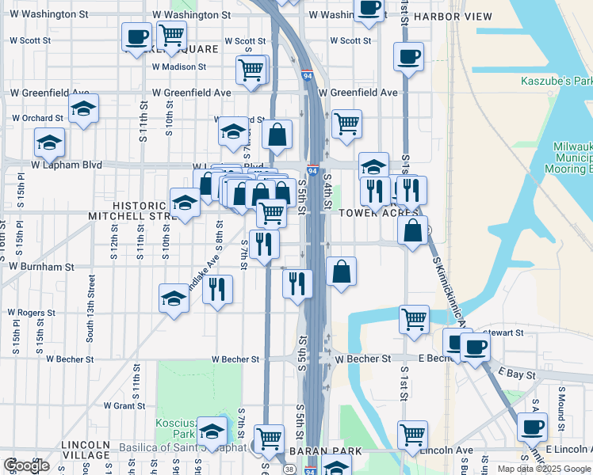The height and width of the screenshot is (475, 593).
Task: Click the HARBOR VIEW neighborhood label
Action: click(453, 17)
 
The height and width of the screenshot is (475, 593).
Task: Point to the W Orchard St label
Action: click(37, 119)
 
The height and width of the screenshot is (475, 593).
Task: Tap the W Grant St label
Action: click(117, 405)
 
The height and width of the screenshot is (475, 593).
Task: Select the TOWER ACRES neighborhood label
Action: click(378, 213)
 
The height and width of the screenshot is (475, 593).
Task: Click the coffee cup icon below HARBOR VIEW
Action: click(408, 57)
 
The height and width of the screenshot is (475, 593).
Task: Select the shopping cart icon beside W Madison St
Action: click(251, 69)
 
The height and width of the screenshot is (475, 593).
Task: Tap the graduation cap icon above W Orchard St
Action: click(82, 110)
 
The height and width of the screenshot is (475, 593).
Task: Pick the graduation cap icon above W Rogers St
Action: click(174, 298)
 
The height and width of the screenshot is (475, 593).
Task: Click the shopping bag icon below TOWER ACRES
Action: click(412, 231)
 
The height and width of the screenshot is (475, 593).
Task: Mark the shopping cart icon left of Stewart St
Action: click(414, 319)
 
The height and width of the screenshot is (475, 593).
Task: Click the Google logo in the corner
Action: click(26, 465)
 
